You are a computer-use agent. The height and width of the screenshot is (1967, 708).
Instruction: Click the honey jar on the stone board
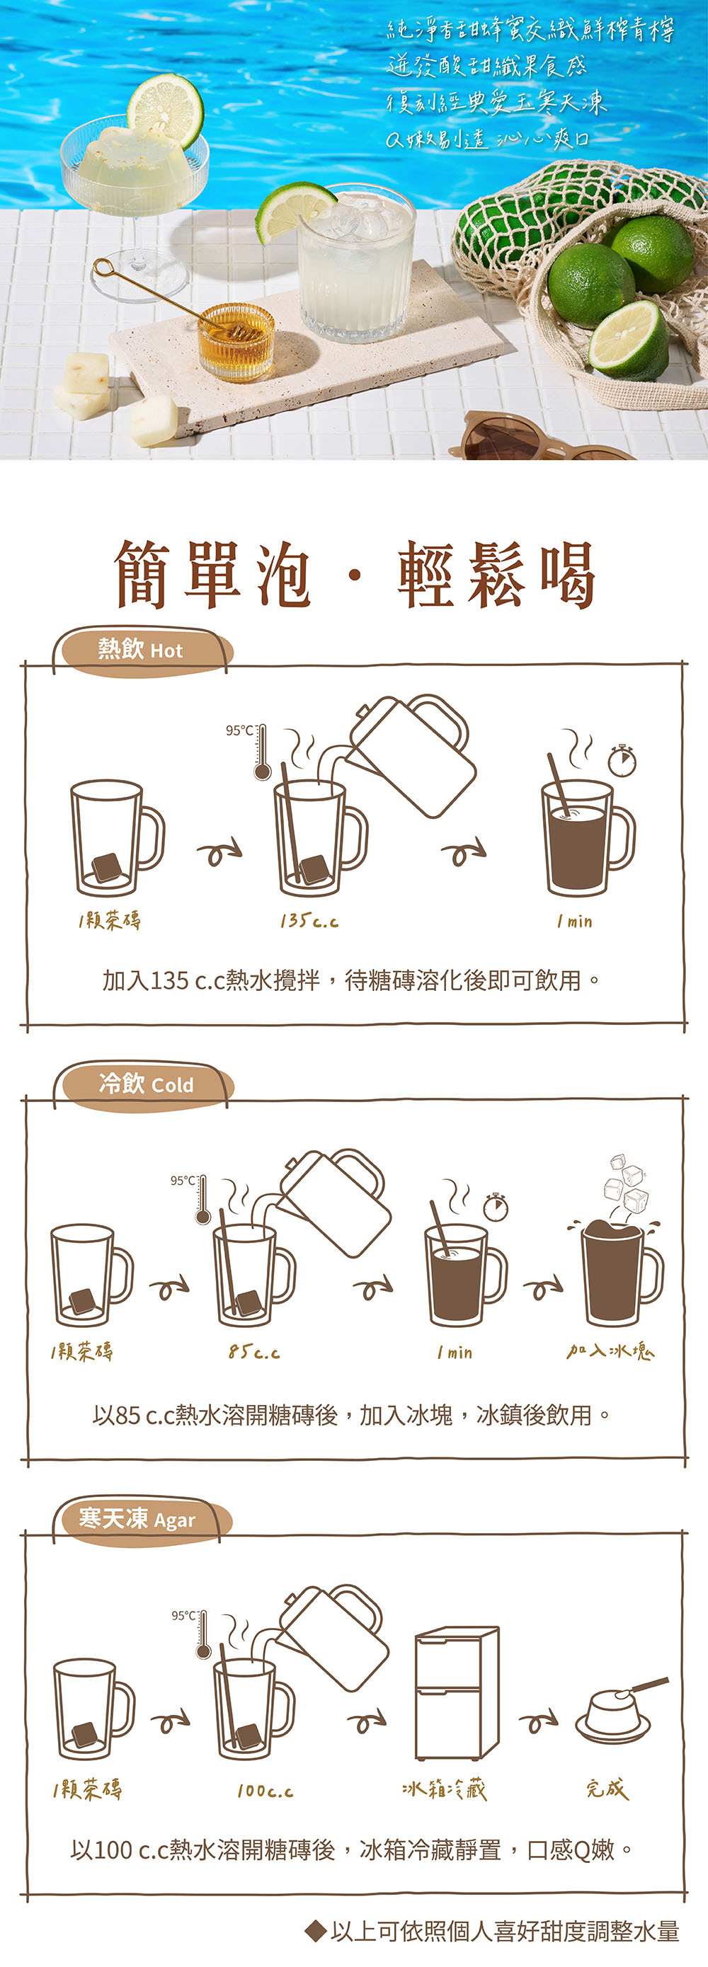(x=236, y=341)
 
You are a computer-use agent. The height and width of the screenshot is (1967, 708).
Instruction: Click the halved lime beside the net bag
(x=629, y=340)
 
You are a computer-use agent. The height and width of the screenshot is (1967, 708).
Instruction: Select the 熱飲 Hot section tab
(x=142, y=650)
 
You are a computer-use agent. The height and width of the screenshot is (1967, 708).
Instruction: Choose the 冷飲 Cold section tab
(x=145, y=1084)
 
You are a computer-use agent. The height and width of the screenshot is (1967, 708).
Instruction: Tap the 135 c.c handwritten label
(x=309, y=921)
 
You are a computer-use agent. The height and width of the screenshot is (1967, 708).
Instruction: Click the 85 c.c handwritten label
(x=254, y=1353)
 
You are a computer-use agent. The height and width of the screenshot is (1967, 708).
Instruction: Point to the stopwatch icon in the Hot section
(x=622, y=760)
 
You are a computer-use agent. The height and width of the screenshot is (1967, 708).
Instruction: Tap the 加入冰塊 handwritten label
(x=610, y=1351)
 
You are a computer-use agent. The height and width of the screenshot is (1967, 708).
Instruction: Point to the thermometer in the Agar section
(x=203, y=1635)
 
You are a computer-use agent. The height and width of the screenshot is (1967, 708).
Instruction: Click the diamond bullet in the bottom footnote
(x=316, y=1932)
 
